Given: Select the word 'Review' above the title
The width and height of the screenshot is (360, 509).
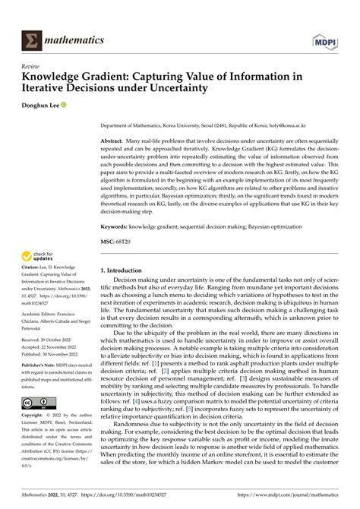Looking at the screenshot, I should [x=33, y=65].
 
